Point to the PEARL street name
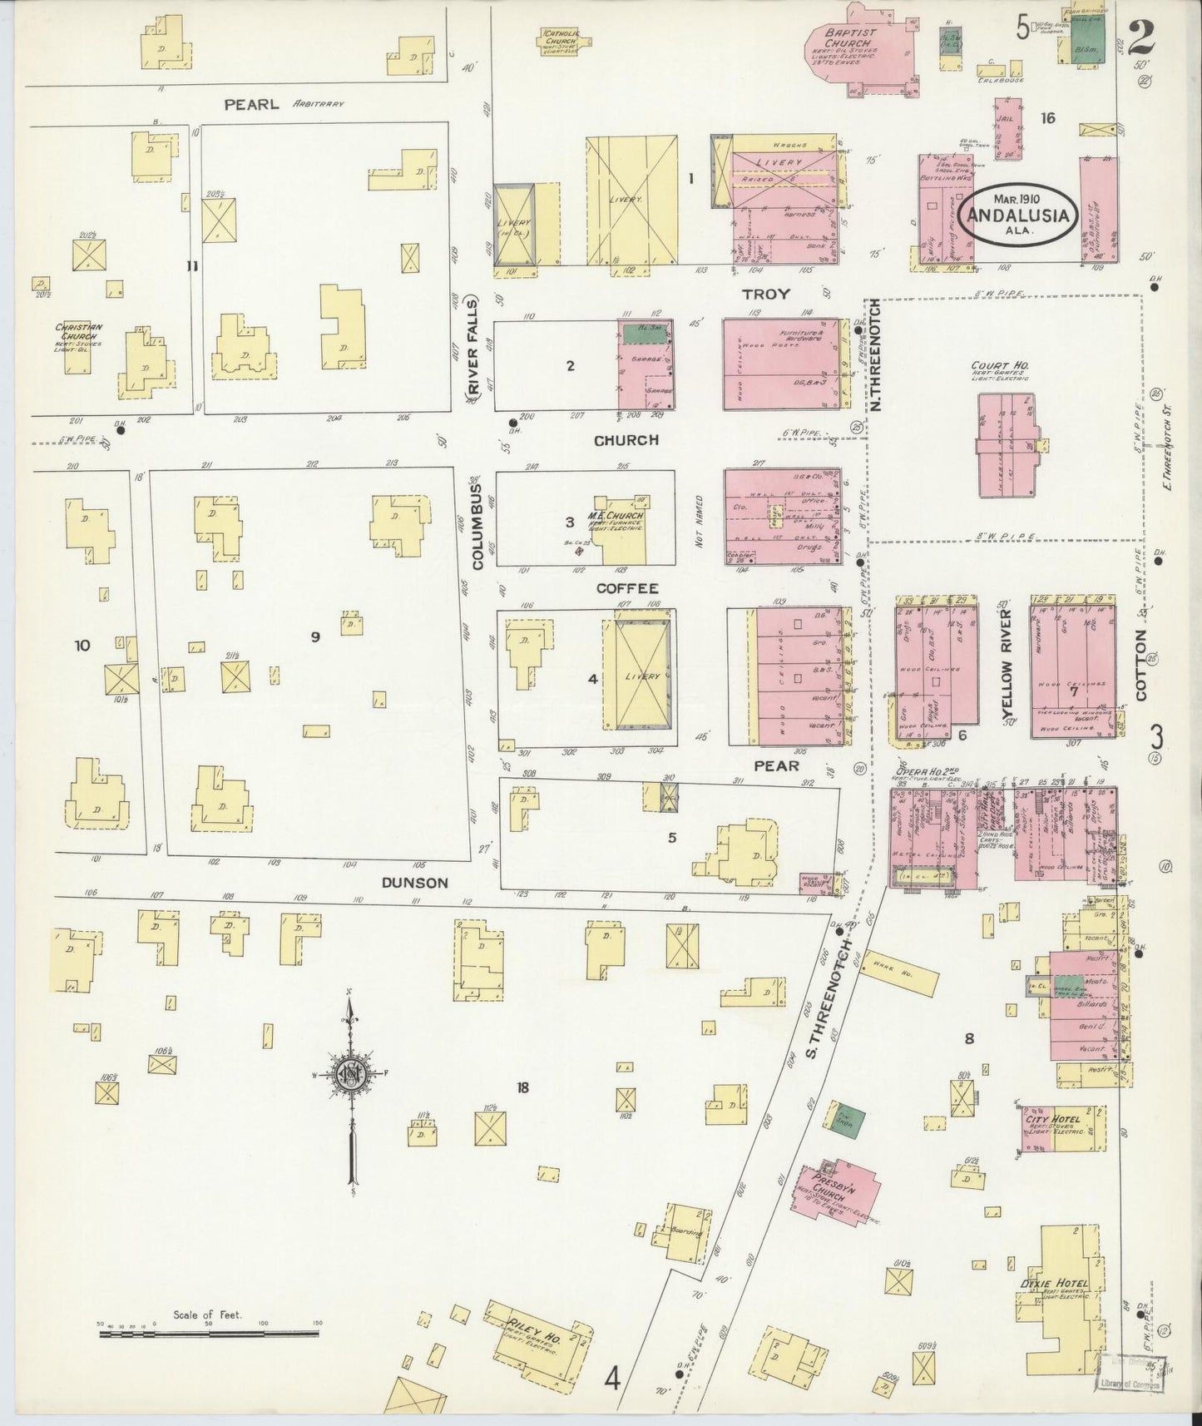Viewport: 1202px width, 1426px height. tap(250, 105)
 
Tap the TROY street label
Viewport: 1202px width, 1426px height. tap(765, 295)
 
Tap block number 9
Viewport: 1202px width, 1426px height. tap(314, 637)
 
